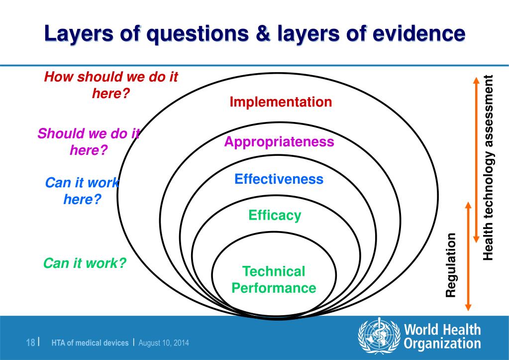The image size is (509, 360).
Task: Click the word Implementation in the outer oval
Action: click(281, 102)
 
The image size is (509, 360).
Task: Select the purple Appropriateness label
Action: click(279, 142)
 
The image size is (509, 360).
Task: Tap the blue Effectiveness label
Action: click(279, 179)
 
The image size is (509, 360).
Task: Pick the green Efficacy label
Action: click(275, 216)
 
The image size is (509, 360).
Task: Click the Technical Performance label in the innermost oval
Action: click(274, 280)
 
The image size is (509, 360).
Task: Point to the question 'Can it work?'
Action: click(85, 263)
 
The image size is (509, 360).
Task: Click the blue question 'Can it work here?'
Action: click(83, 191)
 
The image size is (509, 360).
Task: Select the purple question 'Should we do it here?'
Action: click(89, 141)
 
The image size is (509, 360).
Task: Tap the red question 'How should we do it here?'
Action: click(111, 85)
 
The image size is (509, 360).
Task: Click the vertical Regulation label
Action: click(451, 265)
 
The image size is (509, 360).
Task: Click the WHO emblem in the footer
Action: click(379, 337)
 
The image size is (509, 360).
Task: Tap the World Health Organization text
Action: click(442, 336)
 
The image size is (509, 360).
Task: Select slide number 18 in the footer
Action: click(30, 343)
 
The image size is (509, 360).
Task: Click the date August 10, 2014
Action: click(163, 343)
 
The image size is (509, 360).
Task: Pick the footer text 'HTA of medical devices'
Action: click(90, 343)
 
